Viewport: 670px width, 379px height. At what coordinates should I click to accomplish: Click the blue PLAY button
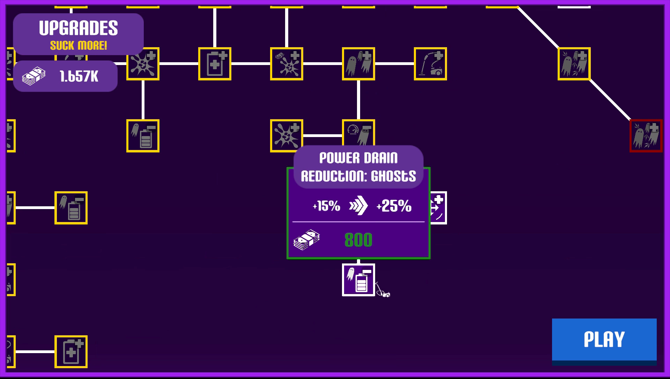point(604,339)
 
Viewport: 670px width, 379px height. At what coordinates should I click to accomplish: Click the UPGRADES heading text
point(78,28)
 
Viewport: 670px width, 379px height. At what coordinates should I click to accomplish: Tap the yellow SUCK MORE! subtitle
point(78,45)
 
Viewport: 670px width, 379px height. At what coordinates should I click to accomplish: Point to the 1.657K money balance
point(79,76)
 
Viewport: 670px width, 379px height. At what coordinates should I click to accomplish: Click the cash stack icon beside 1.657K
point(33,76)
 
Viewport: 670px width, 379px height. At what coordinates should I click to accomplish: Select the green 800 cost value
point(358,240)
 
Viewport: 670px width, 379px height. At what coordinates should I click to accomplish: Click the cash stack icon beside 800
point(306,240)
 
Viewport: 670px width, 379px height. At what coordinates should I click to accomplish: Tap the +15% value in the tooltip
point(327,206)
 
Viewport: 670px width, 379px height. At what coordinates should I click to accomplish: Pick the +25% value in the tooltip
point(394,206)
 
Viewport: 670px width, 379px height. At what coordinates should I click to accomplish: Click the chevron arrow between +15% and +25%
point(358,206)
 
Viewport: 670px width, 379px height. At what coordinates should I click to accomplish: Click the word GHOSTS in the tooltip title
point(393,176)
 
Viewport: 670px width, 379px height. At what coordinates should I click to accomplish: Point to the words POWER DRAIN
point(358,158)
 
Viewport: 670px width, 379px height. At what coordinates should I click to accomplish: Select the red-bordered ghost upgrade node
point(646,136)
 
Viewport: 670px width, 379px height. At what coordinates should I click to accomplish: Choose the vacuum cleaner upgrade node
point(430,64)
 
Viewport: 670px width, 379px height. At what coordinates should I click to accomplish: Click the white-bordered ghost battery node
point(358,280)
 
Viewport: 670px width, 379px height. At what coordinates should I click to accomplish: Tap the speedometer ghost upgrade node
point(358,133)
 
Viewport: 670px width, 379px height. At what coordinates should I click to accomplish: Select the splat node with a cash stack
point(286,64)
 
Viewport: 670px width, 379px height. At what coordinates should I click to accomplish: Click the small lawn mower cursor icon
point(383,291)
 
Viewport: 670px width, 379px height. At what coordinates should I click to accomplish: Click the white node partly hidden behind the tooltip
point(439,208)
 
